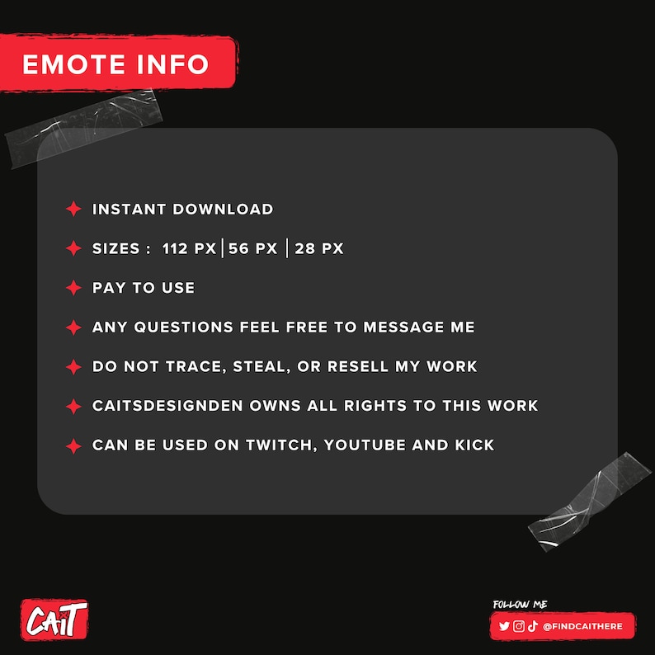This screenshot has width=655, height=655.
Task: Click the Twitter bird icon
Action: [505, 627]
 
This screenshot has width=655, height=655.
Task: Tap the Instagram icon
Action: [519, 627]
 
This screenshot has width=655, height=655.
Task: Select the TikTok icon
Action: [532, 627]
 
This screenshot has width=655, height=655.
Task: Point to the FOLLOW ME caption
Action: [521, 605]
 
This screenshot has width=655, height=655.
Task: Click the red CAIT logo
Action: [54, 618]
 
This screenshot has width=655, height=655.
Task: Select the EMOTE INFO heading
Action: [115, 64]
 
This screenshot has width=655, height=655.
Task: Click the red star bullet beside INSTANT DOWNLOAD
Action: [73, 210]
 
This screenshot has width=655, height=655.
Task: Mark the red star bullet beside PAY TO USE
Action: [73, 288]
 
